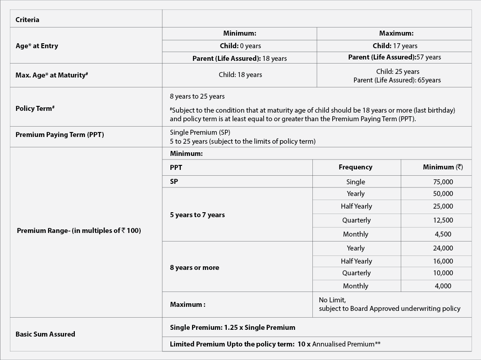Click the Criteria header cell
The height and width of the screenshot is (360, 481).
click(27, 20)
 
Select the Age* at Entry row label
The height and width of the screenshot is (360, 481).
click(37, 46)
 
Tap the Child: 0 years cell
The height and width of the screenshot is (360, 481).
click(240, 46)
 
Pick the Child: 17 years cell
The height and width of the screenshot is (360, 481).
click(395, 46)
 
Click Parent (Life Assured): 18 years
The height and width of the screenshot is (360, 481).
click(239, 58)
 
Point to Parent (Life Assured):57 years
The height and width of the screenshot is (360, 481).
click(394, 57)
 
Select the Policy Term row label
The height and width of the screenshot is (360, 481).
click(35, 109)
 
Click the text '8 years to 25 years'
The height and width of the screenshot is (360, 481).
click(197, 96)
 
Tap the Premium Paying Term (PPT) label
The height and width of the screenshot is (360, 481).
click(60, 135)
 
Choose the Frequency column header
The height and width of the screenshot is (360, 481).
click(355, 167)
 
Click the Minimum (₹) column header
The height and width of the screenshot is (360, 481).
click(443, 167)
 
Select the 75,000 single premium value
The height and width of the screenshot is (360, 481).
click(443, 182)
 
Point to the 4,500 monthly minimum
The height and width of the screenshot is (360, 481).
click(443, 234)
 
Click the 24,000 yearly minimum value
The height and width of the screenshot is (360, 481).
click(443, 248)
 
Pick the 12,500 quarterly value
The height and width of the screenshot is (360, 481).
click(443, 220)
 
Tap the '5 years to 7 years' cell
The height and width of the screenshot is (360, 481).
click(197, 215)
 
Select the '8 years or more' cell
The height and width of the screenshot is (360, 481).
click(194, 268)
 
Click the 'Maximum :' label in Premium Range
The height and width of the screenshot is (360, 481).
click(188, 305)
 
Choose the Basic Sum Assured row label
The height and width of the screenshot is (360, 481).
click(45, 334)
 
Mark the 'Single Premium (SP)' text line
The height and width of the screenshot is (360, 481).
click(200, 132)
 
